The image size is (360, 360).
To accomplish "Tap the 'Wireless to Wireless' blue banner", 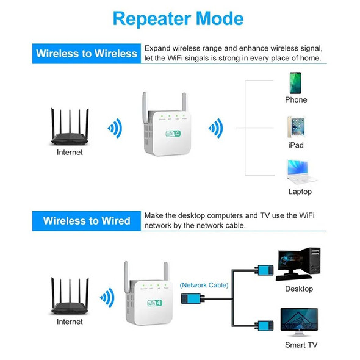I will click(x=86, y=53).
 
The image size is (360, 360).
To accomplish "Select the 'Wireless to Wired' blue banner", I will click(x=86, y=220).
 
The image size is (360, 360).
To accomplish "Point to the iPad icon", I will click(x=296, y=126).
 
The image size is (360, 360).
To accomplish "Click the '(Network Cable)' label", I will click(x=204, y=285).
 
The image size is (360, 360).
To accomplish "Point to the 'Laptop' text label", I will click(x=300, y=192).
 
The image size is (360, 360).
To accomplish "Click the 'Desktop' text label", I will click(x=298, y=289).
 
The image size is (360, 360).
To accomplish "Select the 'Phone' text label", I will click(x=296, y=99).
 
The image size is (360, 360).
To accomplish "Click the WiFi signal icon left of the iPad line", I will click(x=215, y=128).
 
